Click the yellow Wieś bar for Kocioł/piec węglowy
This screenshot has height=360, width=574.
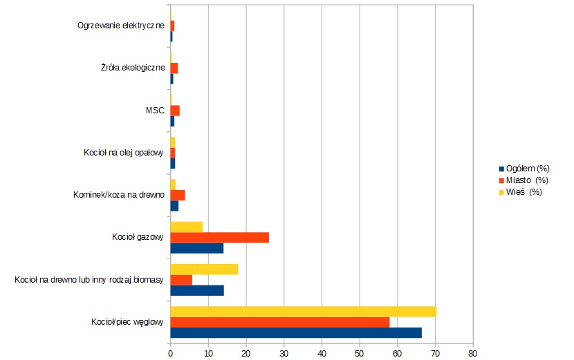pos(303,312)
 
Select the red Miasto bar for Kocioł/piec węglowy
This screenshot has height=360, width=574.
pos(279,322)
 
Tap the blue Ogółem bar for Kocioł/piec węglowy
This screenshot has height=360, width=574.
pos(295,333)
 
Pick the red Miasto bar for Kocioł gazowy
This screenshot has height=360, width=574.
pos(219,238)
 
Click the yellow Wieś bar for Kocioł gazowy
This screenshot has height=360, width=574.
pos(186,227)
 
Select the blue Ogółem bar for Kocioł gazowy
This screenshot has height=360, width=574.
pos(196,248)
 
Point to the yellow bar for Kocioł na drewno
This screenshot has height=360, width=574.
pos(204,269)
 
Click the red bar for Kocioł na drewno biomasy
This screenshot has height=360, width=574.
pos(181,280)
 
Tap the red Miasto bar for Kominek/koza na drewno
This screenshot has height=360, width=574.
pos(178,195)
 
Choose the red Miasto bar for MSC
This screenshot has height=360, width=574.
pos(175,111)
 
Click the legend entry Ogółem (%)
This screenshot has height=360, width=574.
pos(527,169)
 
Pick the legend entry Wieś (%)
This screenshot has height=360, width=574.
pos(524,192)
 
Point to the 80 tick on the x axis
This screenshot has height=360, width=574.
pos(472,353)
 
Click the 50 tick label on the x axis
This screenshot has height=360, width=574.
pos(359,353)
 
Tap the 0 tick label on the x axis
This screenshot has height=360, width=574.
pos(171,353)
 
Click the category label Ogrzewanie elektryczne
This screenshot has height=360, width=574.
pos(121,26)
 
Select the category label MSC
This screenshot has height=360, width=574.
pos(155,111)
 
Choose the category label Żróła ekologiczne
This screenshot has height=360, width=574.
pos(133,68)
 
